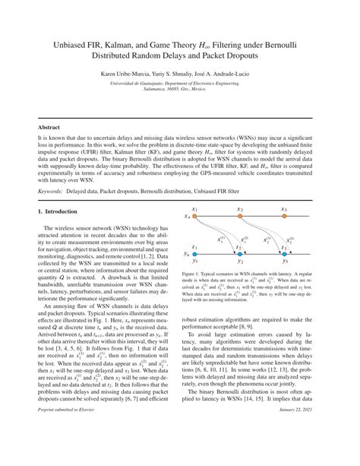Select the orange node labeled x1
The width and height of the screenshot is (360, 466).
tap(195, 217)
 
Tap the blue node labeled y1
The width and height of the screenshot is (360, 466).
tap(195, 253)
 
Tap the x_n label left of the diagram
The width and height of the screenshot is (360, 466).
tap(186, 217)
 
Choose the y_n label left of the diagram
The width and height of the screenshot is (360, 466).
tap(186, 253)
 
